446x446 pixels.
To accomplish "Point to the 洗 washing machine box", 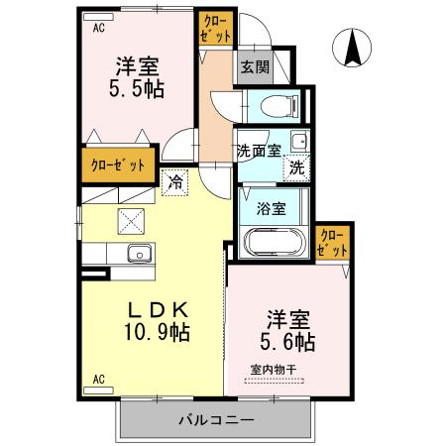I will (295, 168).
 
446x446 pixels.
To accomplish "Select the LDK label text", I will (154, 307).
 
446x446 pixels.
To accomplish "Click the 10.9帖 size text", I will (156, 331).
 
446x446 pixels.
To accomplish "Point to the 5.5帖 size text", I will (137, 87).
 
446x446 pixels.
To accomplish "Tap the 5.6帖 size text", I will (288, 342).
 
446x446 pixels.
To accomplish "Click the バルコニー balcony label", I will (216, 419).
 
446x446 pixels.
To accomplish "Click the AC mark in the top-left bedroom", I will (98, 28).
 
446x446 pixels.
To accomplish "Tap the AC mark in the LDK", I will (98, 379).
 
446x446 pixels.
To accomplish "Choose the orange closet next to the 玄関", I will (215, 28).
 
